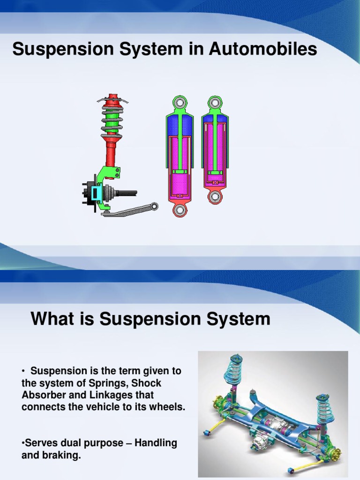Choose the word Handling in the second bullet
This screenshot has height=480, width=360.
pos(156,443)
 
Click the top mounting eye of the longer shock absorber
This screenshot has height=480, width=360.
pos(180,102)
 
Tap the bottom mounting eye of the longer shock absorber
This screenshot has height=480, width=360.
pos(180,209)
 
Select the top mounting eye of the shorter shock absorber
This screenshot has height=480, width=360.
pos(215,102)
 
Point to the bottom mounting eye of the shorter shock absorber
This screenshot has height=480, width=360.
pos(215,196)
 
